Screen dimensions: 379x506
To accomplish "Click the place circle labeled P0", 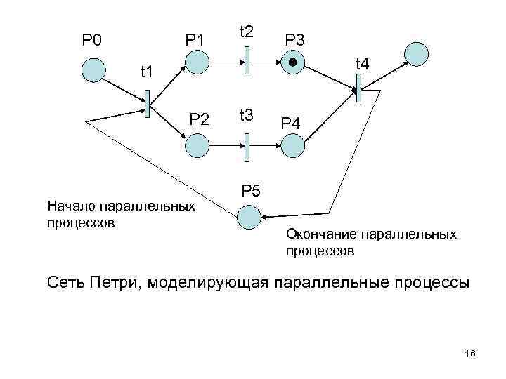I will click(x=93, y=69).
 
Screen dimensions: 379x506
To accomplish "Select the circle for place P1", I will click(x=197, y=62).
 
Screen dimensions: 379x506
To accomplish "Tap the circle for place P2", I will click(x=197, y=145).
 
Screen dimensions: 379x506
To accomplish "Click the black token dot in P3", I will click(x=292, y=63).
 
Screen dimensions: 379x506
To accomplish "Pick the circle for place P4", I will click(x=292, y=145).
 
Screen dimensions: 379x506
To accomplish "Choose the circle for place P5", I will click(x=249, y=217).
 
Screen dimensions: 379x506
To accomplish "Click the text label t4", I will click(x=363, y=64).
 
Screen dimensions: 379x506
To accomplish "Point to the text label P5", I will click(x=251, y=190).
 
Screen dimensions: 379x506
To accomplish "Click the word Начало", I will click(x=72, y=207).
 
